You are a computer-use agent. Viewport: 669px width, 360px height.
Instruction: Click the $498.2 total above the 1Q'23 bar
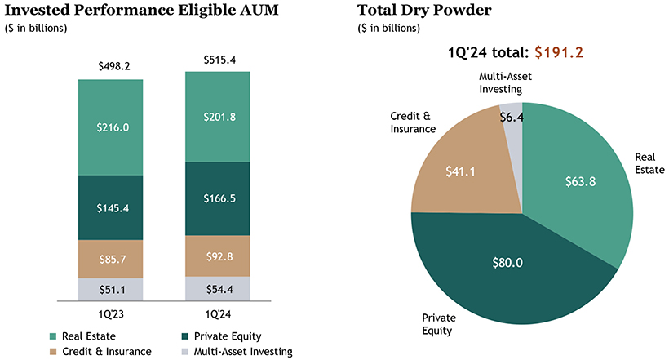pyautogui.click(x=110, y=65)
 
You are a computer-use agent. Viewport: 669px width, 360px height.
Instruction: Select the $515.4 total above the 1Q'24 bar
pyautogui.click(x=218, y=60)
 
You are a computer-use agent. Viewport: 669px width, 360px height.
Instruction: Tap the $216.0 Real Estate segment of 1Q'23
pyautogui.click(x=110, y=128)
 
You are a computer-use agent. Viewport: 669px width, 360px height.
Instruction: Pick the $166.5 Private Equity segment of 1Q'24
pyautogui.click(x=218, y=198)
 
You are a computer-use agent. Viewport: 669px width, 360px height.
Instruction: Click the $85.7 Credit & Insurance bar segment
pyautogui.click(x=110, y=260)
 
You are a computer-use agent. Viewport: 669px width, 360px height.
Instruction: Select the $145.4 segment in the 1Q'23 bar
pyautogui.click(x=110, y=208)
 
